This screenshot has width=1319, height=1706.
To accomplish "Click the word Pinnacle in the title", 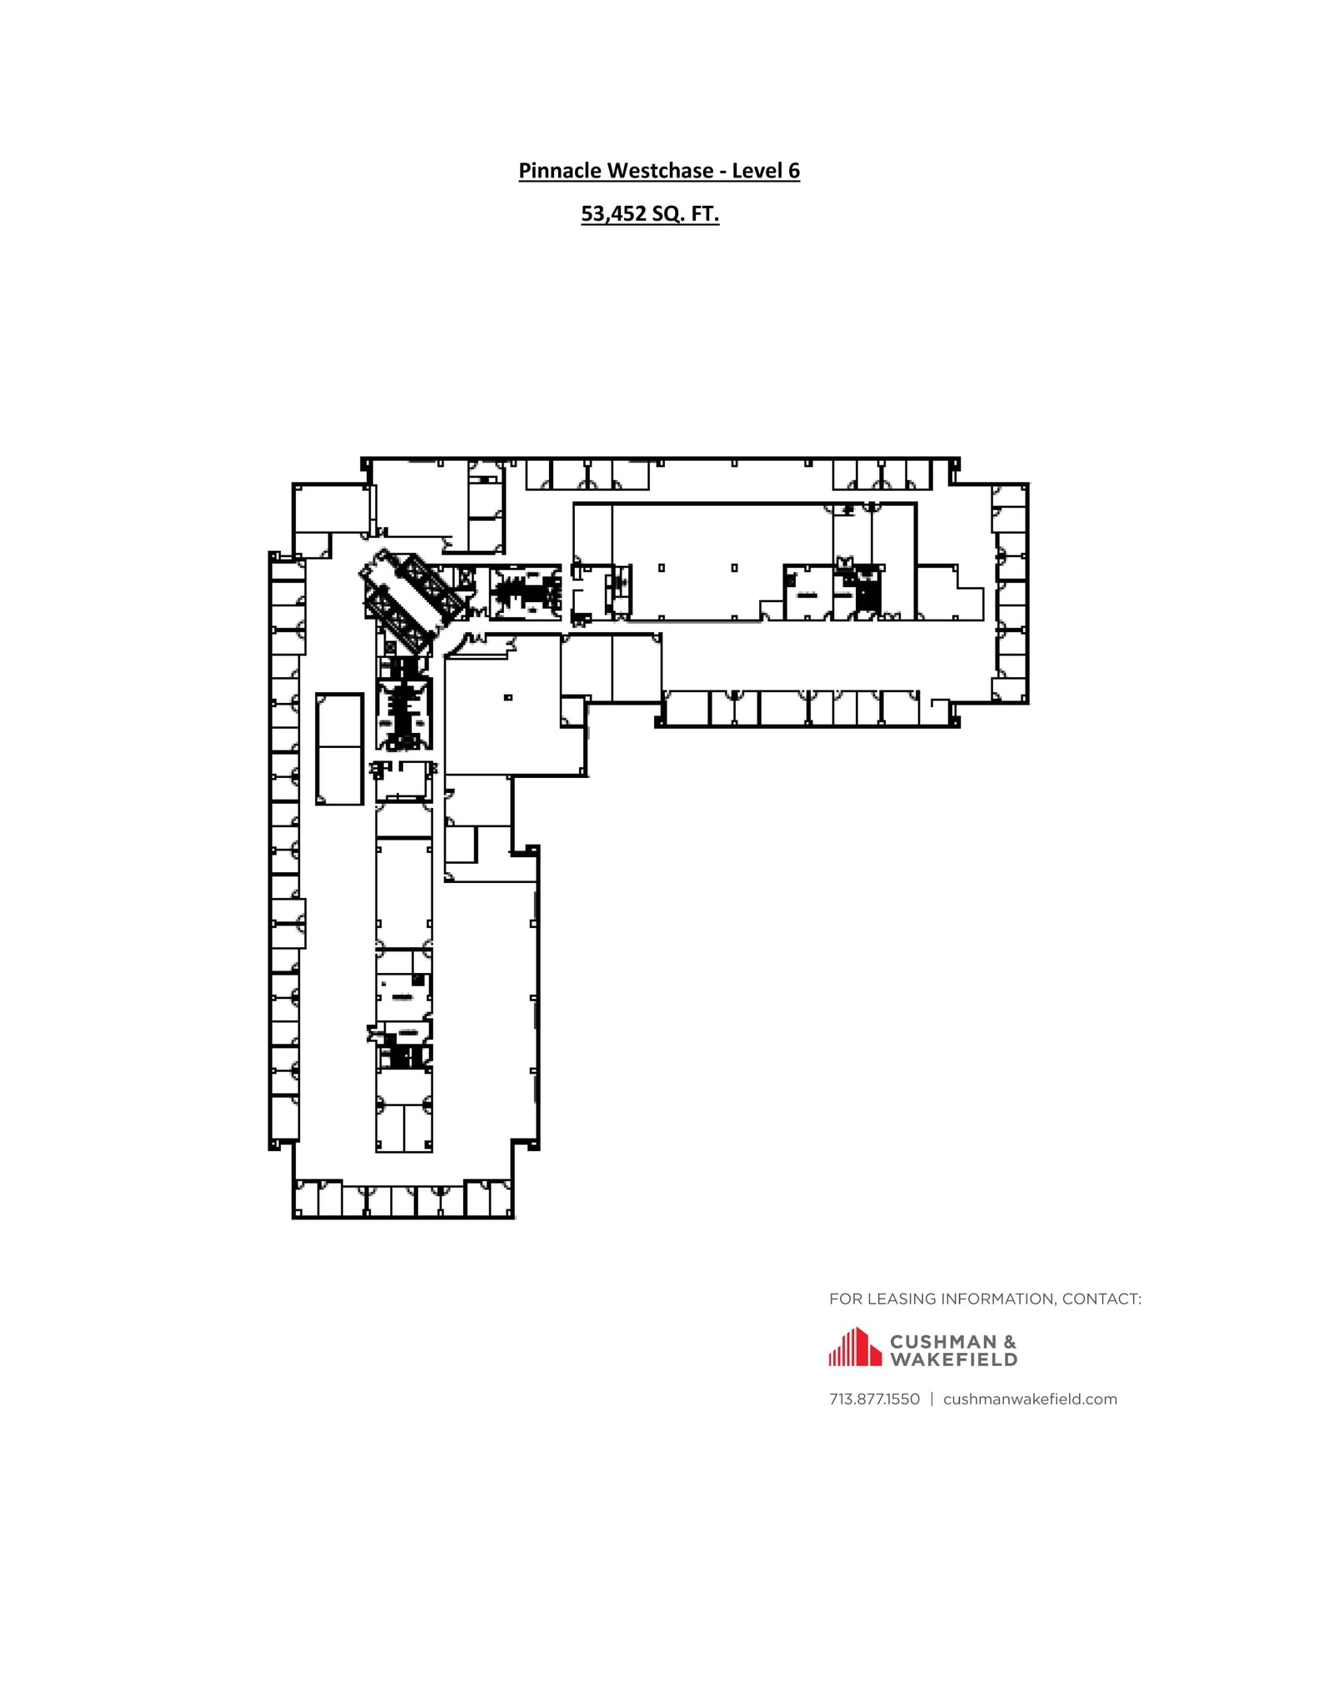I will point(561,171).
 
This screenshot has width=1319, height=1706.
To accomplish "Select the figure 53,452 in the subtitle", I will point(613,214).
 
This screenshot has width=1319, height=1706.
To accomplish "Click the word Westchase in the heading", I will point(661,171).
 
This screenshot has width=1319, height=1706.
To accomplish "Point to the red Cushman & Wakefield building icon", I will point(854,1347).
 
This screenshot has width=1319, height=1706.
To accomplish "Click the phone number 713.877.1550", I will point(874,1399).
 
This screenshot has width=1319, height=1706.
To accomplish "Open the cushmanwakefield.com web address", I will point(1030,1399).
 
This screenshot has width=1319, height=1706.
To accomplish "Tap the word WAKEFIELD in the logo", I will point(954,1359).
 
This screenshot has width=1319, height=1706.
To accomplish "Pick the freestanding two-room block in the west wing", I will point(339,749).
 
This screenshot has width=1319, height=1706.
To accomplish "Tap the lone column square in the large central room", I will point(508,697).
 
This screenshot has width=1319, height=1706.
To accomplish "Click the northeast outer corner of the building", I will point(1027,484).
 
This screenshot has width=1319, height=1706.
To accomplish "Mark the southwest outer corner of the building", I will point(294,1217).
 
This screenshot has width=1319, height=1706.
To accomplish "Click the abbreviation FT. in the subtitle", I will point(705,214).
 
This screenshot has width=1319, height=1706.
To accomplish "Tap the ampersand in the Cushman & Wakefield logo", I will point(1009,1342).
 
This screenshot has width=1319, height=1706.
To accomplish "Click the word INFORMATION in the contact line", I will point(995,1299).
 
